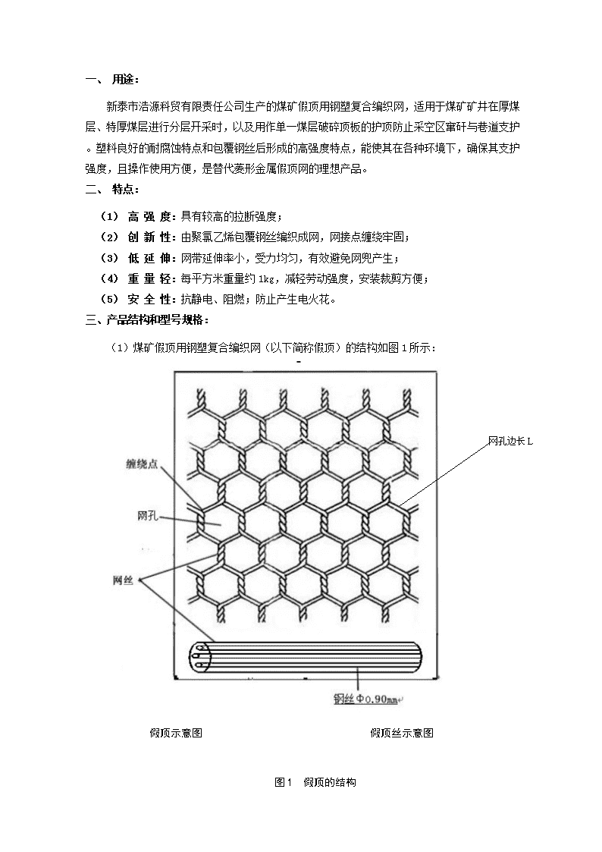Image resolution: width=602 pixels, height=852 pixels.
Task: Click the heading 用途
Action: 125,80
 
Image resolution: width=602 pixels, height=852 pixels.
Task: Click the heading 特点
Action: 125,190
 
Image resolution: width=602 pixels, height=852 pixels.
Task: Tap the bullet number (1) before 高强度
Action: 109,217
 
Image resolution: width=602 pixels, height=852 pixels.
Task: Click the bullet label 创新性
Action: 149,237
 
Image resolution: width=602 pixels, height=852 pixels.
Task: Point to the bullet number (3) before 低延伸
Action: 109,258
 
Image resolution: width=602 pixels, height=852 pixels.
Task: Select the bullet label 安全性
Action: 149,300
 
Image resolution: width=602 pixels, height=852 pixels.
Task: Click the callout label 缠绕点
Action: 143,464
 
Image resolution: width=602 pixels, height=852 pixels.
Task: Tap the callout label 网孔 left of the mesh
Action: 148,516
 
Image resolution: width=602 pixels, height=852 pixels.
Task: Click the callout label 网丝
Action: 124,581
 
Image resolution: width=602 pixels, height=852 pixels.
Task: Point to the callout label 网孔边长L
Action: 510,442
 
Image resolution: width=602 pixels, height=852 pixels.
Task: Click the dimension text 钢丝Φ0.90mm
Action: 365,700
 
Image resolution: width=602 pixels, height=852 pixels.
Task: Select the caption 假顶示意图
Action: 176,733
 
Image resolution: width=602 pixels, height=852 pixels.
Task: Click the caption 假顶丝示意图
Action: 402,733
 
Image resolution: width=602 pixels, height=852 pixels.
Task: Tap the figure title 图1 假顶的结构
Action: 315,782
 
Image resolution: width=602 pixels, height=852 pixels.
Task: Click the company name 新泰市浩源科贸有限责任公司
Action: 176,107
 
